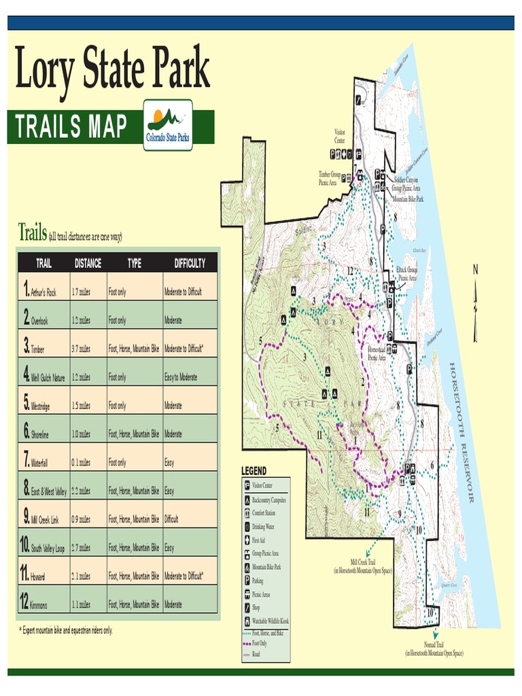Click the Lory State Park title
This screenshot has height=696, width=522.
(x=112, y=68)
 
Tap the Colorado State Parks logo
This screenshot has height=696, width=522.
(x=168, y=125)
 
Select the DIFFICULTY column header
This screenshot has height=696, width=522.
(x=190, y=264)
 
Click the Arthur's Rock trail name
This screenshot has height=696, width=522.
(x=43, y=292)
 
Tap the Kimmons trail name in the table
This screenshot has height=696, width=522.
(x=39, y=605)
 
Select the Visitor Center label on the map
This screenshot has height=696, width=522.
(x=340, y=136)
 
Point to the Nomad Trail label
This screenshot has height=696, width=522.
(x=434, y=649)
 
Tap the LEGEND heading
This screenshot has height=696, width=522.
(x=254, y=471)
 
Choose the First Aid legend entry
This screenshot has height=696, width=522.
(x=258, y=540)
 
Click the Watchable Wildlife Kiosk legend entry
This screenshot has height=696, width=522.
(x=269, y=621)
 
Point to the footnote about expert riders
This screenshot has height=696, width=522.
(x=66, y=631)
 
